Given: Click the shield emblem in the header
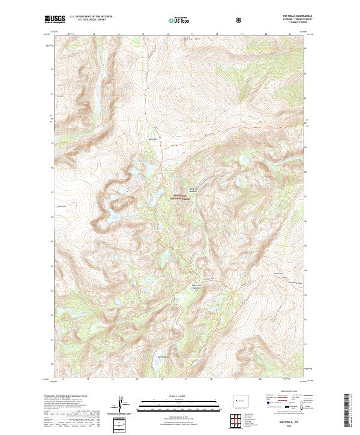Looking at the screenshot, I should coord(240,20).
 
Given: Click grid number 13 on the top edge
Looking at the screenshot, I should coord(95,34).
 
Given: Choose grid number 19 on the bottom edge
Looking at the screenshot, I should coord(235,379).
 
